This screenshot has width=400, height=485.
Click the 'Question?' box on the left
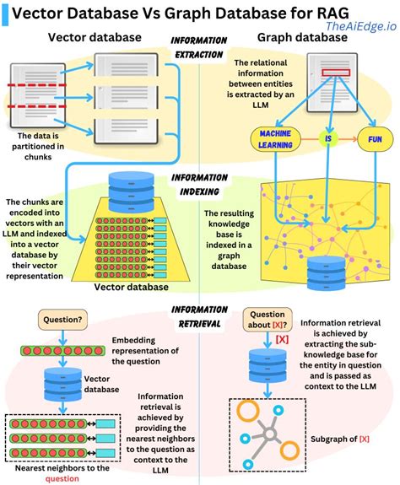click(62, 320)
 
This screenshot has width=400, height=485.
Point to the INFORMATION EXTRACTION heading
click(199, 46)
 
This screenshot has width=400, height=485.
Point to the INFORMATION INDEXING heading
click(199, 185)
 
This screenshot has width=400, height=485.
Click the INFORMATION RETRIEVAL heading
click(199, 315)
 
